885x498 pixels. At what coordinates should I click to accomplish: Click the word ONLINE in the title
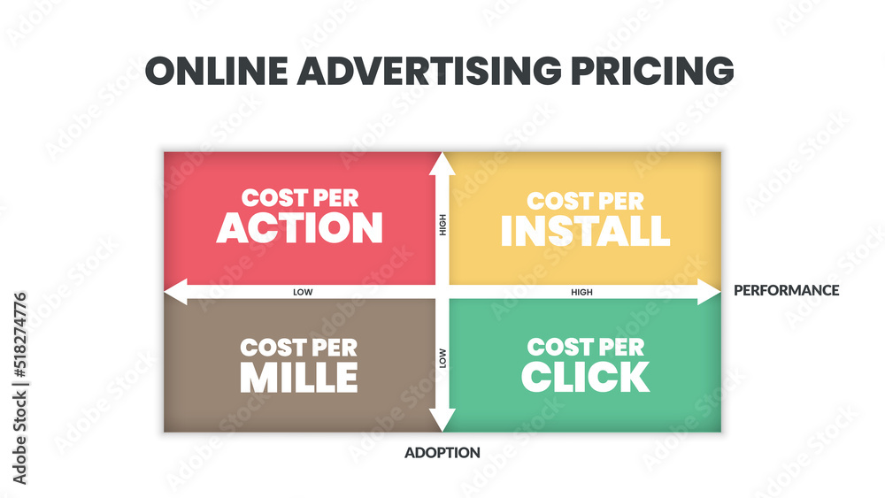(x=216, y=71)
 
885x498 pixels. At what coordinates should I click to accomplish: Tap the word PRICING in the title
(x=652, y=71)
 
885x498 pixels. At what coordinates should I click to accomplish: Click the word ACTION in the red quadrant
(x=300, y=228)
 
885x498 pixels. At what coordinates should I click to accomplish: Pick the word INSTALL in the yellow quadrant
(x=585, y=231)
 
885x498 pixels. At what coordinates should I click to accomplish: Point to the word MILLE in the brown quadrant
(x=299, y=378)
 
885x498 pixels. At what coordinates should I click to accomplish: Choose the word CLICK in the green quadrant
(x=585, y=377)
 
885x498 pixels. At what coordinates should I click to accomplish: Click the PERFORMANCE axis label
(x=786, y=290)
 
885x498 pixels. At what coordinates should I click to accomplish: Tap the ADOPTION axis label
(x=442, y=452)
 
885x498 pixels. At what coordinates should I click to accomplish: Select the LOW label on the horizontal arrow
(x=303, y=292)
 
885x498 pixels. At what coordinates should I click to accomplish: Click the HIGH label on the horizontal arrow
(x=582, y=292)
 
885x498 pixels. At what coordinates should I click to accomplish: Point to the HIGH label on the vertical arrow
(x=442, y=225)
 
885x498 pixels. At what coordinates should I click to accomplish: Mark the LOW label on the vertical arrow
(x=442, y=358)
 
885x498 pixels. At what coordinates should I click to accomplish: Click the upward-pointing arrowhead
(x=442, y=165)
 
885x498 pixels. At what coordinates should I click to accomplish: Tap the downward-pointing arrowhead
(x=442, y=420)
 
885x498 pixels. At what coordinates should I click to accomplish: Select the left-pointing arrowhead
(x=175, y=292)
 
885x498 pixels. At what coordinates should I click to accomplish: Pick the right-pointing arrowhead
(x=710, y=292)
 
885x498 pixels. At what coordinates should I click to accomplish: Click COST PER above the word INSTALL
(x=585, y=202)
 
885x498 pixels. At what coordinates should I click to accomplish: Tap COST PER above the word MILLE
(x=298, y=348)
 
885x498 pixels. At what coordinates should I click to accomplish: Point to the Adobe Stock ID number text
(x=19, y=335)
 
